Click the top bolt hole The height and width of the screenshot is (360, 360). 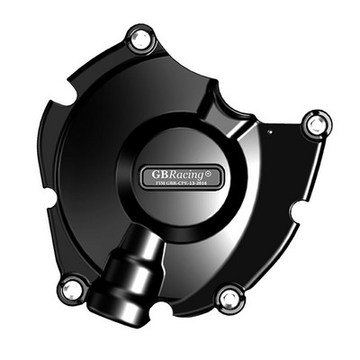click(139, 39)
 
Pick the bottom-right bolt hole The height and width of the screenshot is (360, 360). click(230, 296)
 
